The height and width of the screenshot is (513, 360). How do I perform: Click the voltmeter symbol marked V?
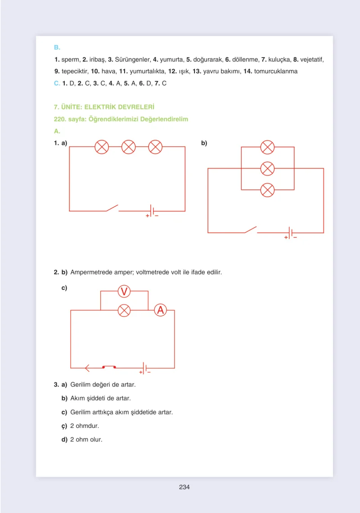tap(124, 291)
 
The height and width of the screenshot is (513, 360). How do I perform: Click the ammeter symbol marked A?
tap(160, 310)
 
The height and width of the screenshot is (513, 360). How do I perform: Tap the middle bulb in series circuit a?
tap(129, 147)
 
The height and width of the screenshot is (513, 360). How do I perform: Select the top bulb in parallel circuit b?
tap(267, 147)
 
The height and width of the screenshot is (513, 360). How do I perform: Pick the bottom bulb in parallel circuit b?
tap(267, 190)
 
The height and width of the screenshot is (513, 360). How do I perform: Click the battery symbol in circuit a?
tap(152, 211)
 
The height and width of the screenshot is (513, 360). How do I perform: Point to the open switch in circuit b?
tap(251, 229)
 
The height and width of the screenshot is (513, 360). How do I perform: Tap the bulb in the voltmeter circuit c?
tap(124, 310)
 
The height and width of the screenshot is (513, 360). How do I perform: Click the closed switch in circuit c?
tap(109, 367)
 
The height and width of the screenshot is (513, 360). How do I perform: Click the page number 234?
tap(184, 487)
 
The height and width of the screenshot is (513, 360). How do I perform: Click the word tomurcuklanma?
tap(276, 71)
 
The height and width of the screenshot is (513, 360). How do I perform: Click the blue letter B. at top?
tap(57, 47)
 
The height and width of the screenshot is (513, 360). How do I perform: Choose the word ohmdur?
tap(87, 426)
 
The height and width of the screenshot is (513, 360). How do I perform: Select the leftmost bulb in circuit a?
tap(102, 147)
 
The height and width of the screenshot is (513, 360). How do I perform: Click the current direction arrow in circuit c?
tap(87, 368)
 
